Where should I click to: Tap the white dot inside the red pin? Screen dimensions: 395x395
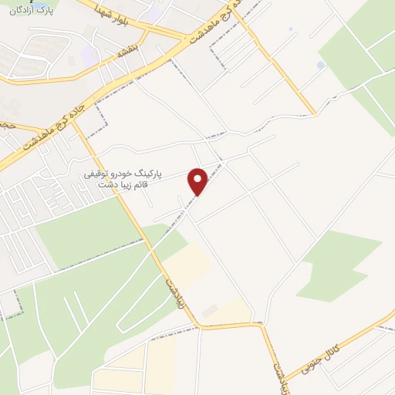pos(199,179)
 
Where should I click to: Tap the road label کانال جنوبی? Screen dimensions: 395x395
pos(333,348)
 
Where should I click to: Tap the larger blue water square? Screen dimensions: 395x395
pos(321,66)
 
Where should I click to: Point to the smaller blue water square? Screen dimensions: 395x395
pos(291,29)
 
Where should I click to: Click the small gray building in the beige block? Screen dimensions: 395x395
pos(209,310)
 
